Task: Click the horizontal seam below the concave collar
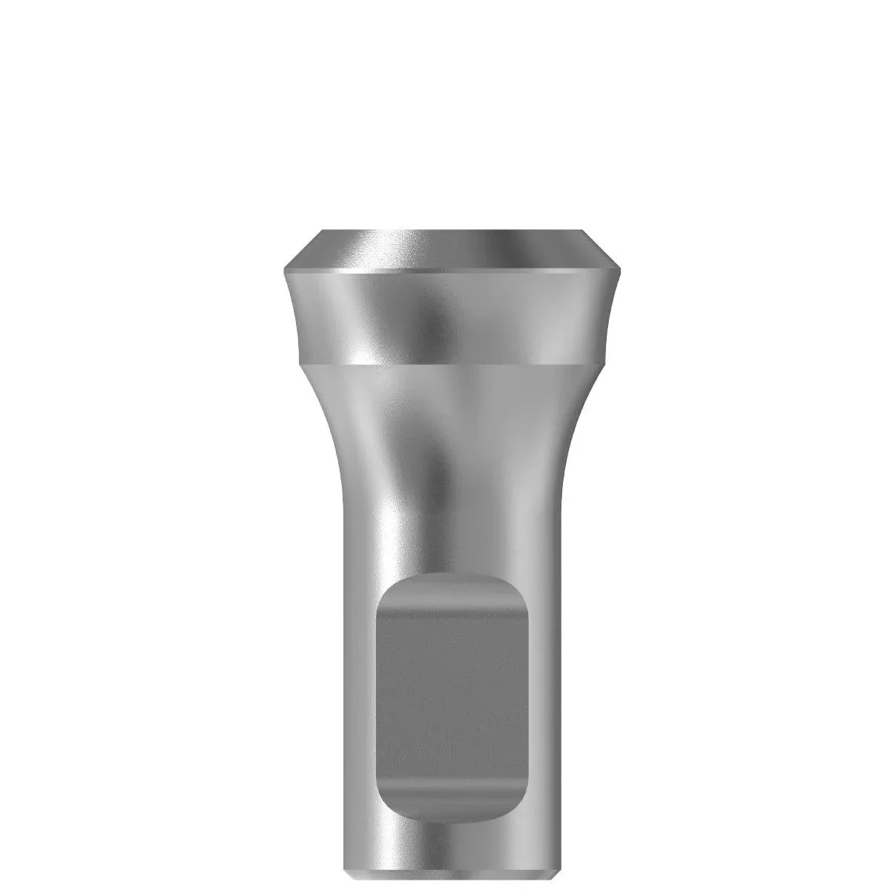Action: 449,363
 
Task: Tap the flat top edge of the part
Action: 449,231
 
